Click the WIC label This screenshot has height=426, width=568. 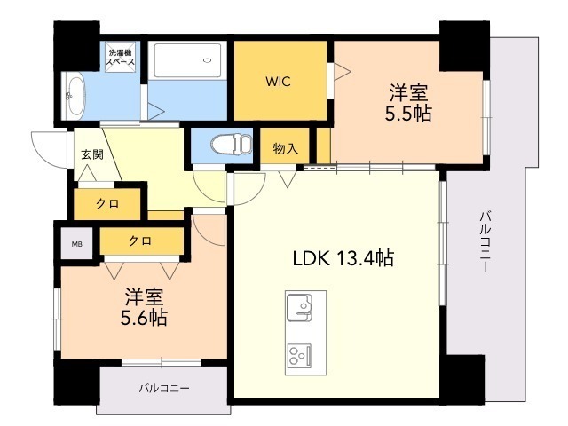click(277, 82)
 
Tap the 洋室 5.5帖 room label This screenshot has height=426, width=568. click(407, 102)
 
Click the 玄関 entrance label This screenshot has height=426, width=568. click(91, 154)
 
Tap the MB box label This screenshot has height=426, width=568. click(76, 241)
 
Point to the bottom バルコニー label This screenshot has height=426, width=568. click(164, 388)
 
